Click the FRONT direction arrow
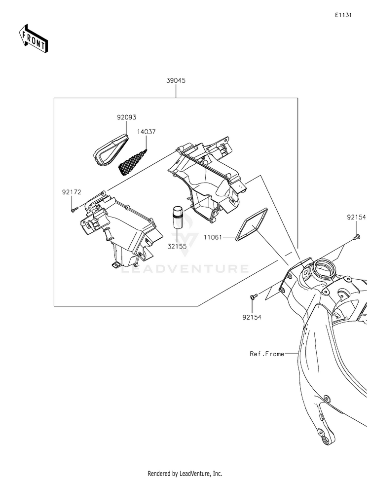coord(33,38)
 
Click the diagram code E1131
coord(343,15)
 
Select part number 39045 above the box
coord(176,81)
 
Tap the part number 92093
coord(126,117)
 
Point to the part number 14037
coord(146,132)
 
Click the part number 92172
coord(72,192)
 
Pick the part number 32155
coord(177,246)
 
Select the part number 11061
coord(213,237)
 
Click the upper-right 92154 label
coord(356,218)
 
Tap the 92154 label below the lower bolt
coord(252,317)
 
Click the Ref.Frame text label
coord(267,354)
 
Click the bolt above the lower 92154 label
coord(253,295)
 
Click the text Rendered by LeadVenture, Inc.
coord(185,474)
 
